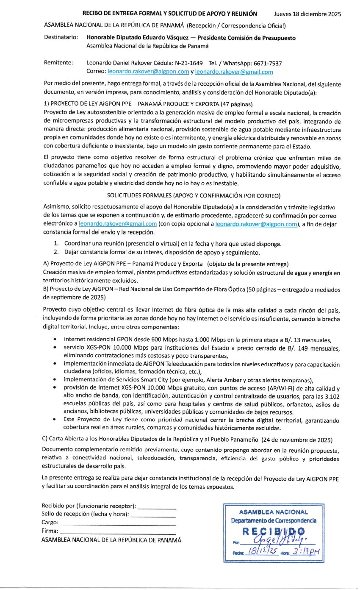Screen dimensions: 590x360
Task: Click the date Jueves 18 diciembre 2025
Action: (x=307, y=14)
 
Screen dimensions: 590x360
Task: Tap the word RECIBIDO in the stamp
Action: (x=274, y=532)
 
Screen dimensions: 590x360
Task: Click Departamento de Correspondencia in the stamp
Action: (x=274, y=520)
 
